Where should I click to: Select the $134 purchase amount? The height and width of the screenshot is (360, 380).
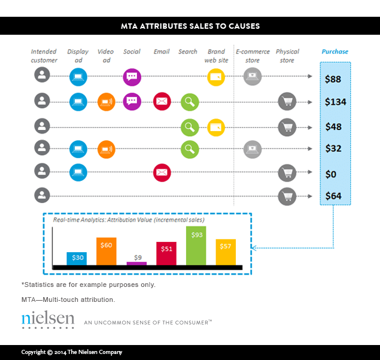[x=335, y=102]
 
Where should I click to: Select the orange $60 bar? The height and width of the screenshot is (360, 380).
[x=106, y=251]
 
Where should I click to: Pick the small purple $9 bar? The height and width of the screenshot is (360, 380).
[x=137, y=263]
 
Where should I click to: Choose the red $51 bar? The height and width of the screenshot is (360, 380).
[x=166, y=253]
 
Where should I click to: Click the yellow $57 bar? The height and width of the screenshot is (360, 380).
[x=226, y=252]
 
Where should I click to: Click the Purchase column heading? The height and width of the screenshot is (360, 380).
[x=335, y=52]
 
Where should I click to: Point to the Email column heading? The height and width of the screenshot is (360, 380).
[x=162, y=52]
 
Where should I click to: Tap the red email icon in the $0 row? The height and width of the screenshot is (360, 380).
[x=162, y=173]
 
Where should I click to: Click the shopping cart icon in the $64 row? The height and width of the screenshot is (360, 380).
[x=287, y=196]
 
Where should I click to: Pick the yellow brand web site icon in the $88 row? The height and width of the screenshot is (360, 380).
[x=216, y=77]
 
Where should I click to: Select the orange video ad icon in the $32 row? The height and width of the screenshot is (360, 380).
[x=106, y=149]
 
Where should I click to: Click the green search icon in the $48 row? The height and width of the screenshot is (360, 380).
[x=190, y=126]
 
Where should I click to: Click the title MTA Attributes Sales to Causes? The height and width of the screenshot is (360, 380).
[x=189, y=26]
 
